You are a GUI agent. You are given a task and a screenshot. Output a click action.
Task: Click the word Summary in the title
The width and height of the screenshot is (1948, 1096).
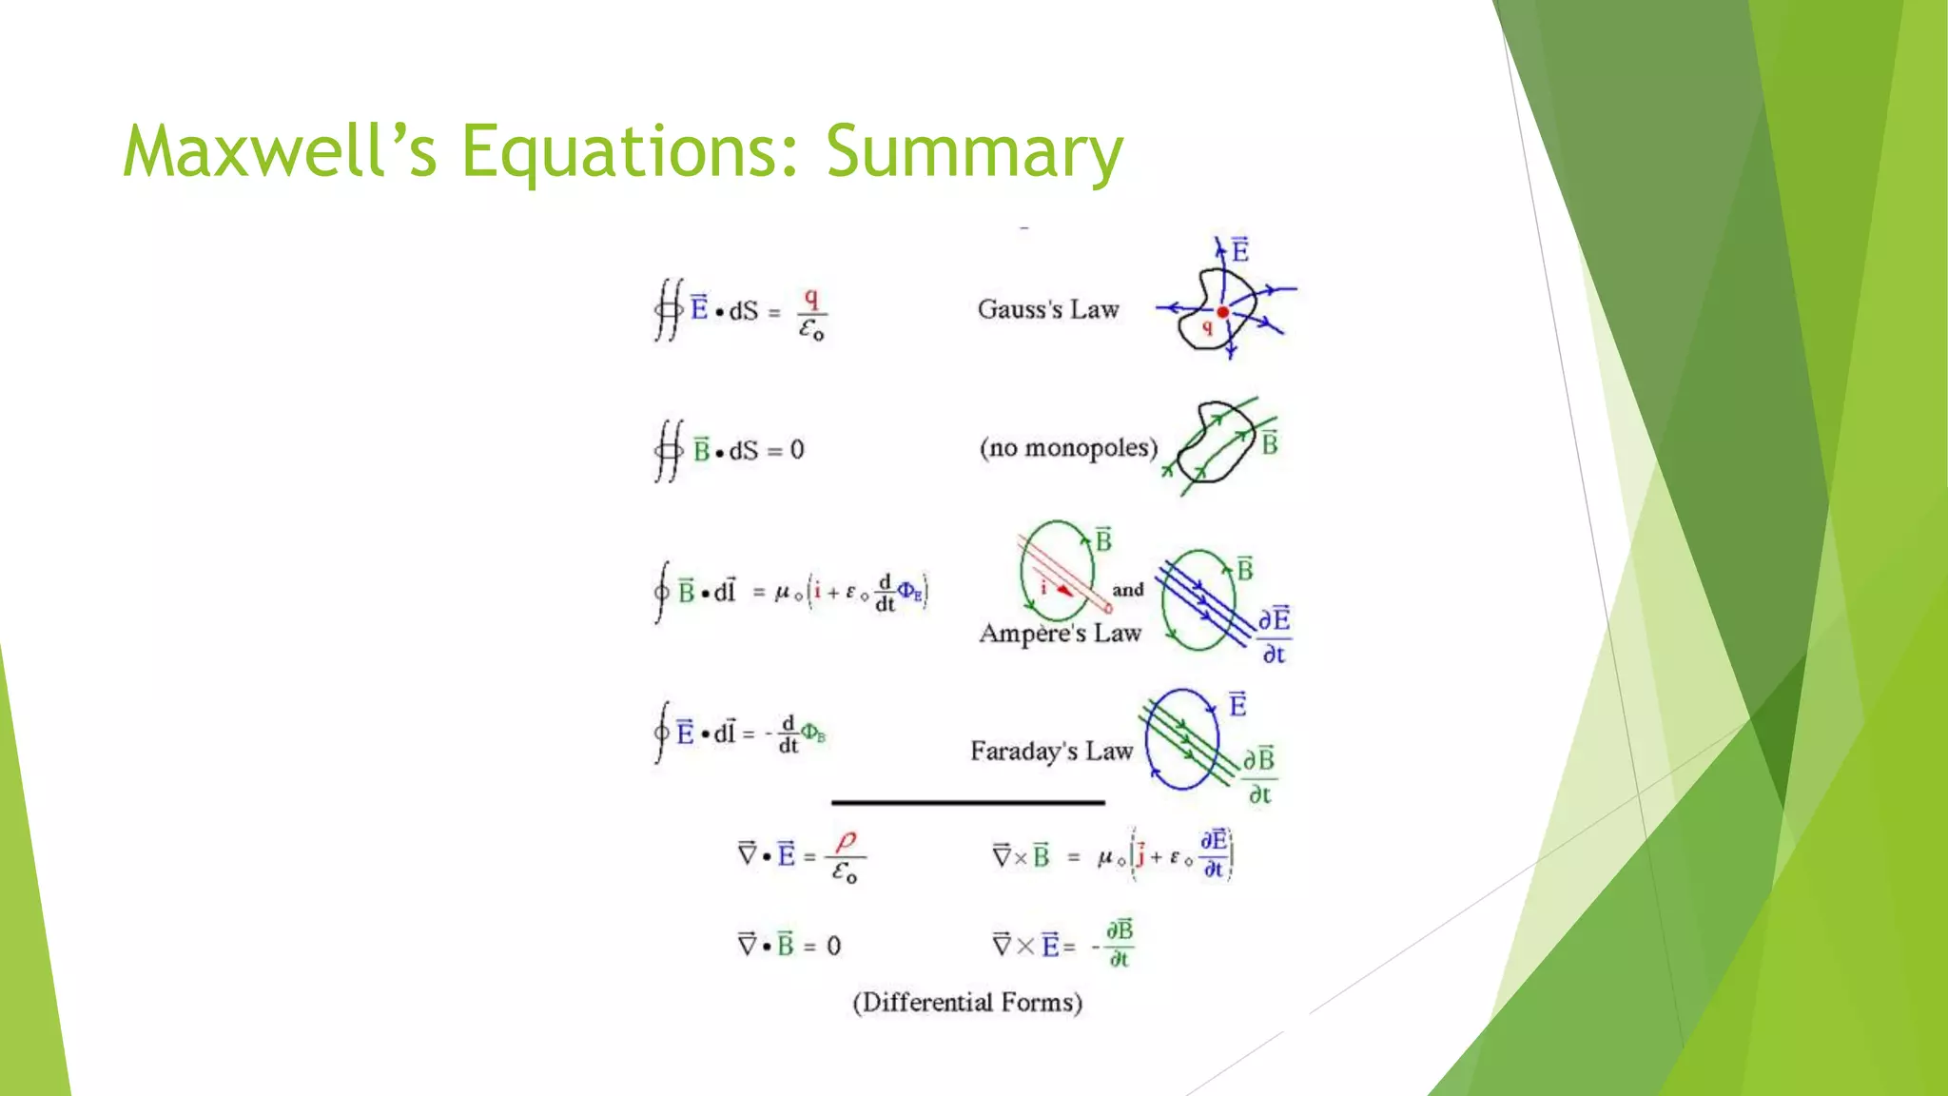974,152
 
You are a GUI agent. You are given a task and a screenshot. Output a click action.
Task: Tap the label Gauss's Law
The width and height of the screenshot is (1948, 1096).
1048,310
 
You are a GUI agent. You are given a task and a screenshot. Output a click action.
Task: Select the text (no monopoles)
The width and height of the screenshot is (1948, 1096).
1068,448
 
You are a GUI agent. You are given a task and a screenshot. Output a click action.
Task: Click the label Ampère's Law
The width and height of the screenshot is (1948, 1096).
1060,634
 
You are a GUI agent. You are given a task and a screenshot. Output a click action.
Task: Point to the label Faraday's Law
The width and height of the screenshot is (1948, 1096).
1051,752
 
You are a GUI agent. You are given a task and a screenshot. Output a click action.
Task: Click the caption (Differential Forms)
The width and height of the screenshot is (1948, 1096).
967,1003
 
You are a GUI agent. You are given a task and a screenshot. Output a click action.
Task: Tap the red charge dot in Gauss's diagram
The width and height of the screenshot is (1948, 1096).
1223,312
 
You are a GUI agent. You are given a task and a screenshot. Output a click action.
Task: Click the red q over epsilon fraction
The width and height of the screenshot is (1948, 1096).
811,314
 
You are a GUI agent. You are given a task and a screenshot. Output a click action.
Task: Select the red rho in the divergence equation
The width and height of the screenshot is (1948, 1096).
846,841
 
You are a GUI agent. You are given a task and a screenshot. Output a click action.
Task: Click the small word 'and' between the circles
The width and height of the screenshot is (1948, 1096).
1128,590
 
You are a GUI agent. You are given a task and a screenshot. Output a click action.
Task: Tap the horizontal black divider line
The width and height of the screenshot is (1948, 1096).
967,803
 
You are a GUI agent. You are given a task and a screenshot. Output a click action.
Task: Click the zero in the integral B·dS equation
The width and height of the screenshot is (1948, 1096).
797,450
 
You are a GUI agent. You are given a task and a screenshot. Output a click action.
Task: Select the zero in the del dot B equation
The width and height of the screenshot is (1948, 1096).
833,947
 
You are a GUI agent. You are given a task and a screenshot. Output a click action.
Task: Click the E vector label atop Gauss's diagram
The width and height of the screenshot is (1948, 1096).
1239,250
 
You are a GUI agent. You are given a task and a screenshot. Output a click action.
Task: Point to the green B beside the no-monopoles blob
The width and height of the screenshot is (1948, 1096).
1269,442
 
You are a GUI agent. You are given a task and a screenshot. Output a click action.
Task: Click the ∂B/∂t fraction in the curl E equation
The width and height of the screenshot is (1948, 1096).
1120,944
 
